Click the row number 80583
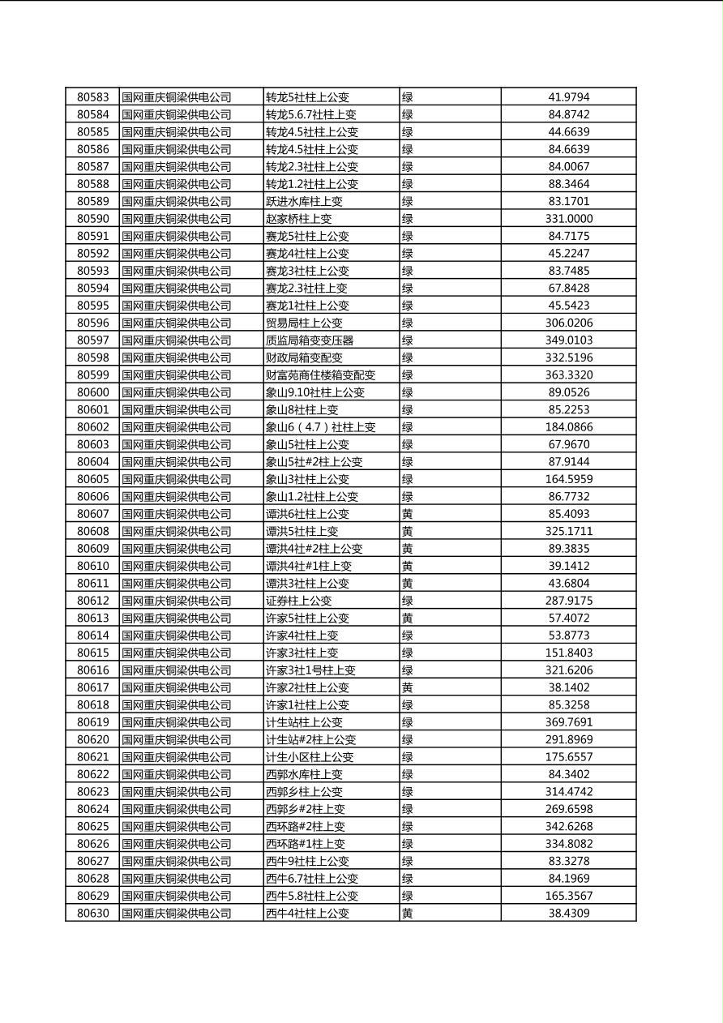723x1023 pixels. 92,97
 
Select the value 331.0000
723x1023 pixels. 569,219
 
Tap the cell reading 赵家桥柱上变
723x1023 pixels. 299,219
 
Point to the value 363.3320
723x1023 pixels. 569,375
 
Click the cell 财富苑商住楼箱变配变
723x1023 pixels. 321,375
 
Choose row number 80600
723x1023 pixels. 92,392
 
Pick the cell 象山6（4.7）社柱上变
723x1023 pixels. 321,427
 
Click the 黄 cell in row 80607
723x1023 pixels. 408,514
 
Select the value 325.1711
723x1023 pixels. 569,532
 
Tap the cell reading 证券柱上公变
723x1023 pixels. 299,601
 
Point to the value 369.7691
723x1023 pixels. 569,722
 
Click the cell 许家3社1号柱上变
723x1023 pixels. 311,670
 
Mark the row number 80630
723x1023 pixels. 92,914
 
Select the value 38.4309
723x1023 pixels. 569,914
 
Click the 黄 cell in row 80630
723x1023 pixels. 408,914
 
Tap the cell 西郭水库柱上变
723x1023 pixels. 305,775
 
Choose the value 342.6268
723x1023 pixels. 569,827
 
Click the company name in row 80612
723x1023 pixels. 177,601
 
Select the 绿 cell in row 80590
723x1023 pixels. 408,219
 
